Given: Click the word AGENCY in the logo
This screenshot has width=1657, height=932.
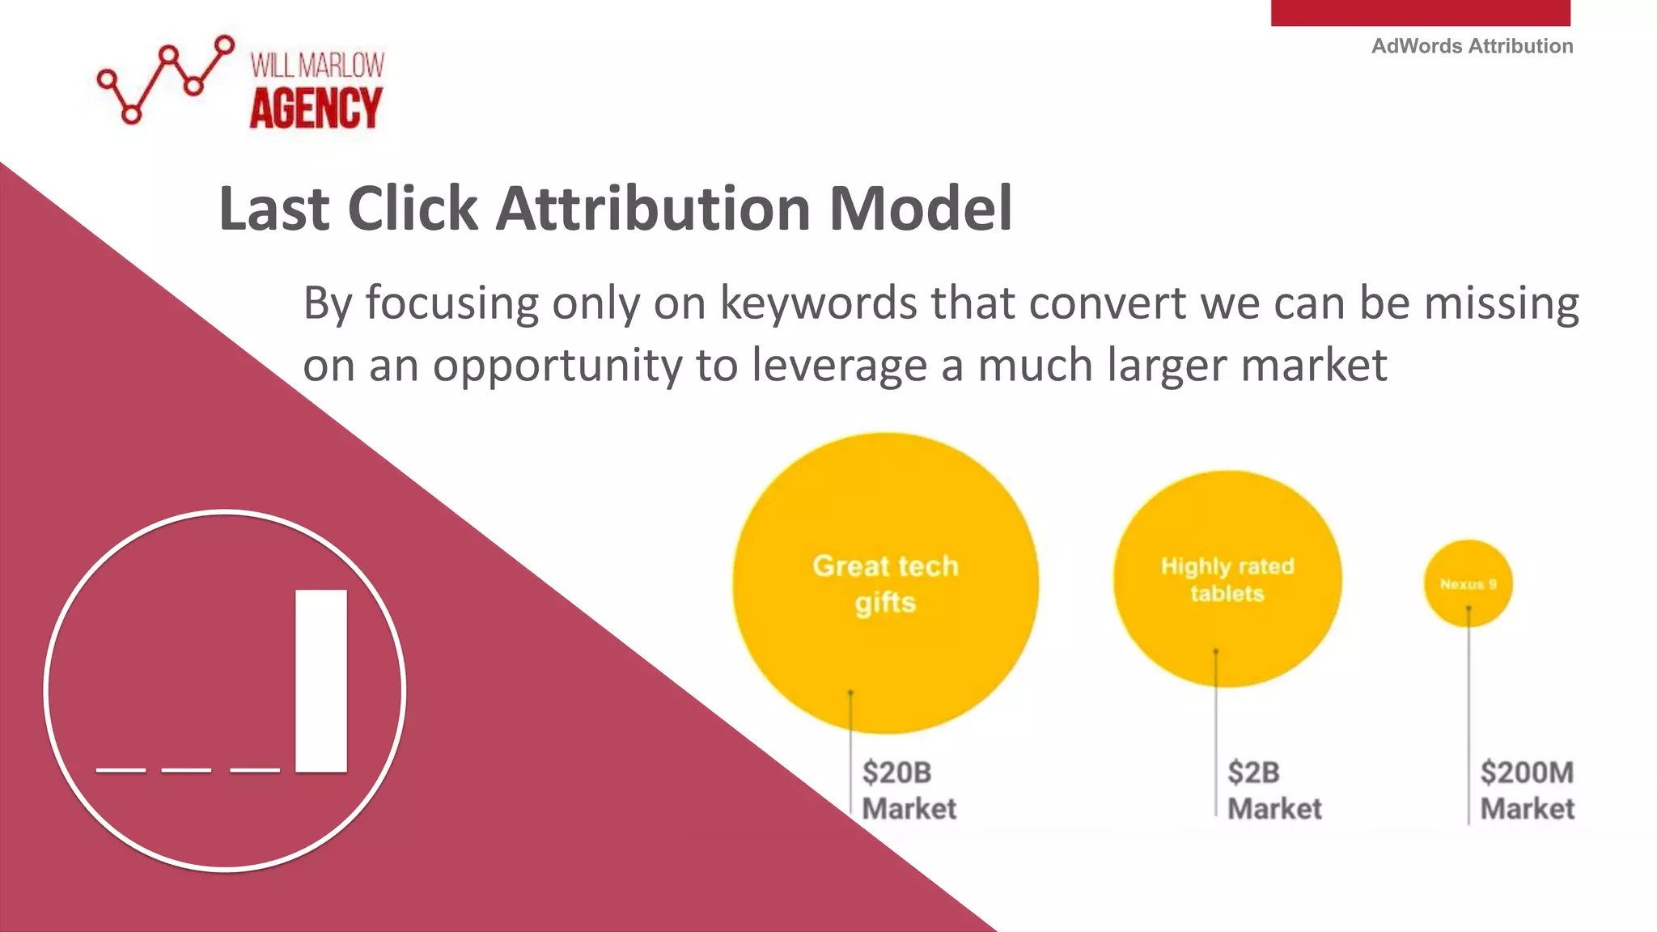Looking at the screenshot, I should (316, 108).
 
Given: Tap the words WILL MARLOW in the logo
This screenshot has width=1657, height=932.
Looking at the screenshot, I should (317, 66).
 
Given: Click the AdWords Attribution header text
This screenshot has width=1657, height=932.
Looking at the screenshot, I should (1472, 46).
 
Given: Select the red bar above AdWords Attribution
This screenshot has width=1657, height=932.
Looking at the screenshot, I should (1420, 12).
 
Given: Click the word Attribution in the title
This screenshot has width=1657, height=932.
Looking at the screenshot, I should (653, 209).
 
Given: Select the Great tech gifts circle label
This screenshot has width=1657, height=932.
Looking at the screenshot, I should (885, 583).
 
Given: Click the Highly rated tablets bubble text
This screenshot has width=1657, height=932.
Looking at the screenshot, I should (1227, 579).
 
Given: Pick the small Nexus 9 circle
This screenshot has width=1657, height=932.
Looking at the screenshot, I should (1468, 583).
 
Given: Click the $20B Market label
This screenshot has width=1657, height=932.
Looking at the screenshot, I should (908, 790).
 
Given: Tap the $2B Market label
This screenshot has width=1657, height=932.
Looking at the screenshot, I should (1273, 790).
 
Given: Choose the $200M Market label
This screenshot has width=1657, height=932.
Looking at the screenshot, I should (1527, 790).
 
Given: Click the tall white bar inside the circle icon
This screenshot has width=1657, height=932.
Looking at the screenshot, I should (321, 680).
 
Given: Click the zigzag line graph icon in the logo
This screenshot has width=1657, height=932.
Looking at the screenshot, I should (165, 79).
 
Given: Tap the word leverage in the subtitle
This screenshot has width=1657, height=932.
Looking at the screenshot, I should (839, 366).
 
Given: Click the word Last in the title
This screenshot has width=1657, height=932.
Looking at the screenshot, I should (273, 209).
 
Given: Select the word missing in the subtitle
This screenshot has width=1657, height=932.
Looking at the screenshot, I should (1501, 303).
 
